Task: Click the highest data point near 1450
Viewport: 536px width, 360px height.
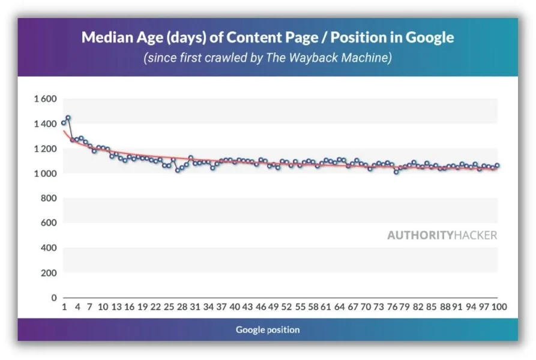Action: pyautogui.click(x=68, y=118)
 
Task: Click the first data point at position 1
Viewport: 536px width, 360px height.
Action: pyautogui.click(x=64, y=123)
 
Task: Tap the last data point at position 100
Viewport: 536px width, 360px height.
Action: pyautogui.click(x=497, y=166)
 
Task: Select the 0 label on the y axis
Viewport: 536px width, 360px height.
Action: pyautogui.click(x=53, y=298)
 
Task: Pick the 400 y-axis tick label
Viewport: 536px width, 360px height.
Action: pyautogui.click(x=48, y=248)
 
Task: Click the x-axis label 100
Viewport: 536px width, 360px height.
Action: pyautogui.click(x=499, y=307)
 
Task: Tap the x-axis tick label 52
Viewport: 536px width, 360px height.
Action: pyautogui.click(x=287, y=307)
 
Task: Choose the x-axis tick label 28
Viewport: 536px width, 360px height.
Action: pyautogui.click(x=181, y=307)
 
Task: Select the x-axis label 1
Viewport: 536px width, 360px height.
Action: pyautogui.click(x=64, y=307)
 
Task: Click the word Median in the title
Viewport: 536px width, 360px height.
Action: pyautogui.click(x=105, y=38)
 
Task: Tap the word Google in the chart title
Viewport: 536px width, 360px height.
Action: pyautogui.click(x=430, y=38)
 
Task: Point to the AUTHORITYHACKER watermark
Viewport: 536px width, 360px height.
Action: pyautogui.click(x=442, y=235)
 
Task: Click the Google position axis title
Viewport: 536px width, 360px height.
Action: pyautogui.click(x=268, y=329)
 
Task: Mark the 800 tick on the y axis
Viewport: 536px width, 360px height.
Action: pyautogui.click(x=48, y=198)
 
